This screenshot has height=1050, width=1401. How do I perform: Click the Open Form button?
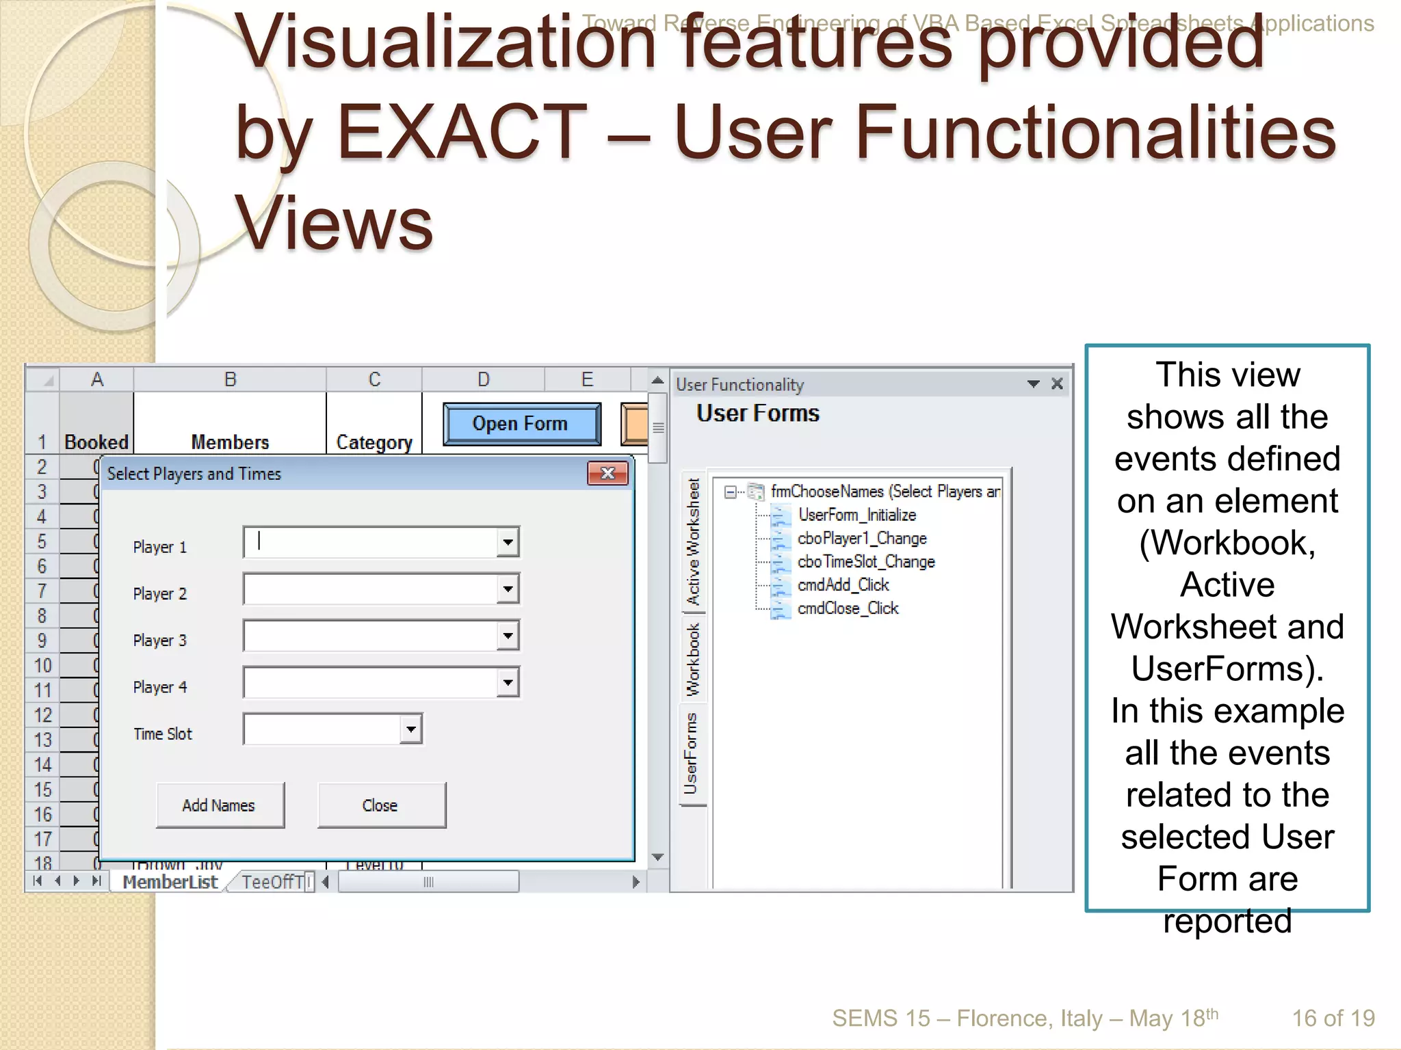[x=521, y=424]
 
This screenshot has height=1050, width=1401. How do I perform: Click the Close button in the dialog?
[x=381, y=805]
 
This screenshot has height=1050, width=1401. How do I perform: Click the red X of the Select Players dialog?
[x=607, y=473]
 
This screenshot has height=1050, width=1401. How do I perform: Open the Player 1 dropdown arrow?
[x=508, y=543]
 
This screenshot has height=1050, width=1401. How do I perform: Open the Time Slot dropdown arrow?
[x=410, y=729]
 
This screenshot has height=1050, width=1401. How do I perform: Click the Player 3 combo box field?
[x=370, y=636]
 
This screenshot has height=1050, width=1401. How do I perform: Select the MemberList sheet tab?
[x=170, y=882]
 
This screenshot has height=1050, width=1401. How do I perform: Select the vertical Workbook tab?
[x=693, y=659]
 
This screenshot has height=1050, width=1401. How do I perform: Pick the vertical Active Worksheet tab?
[x=693, y=542]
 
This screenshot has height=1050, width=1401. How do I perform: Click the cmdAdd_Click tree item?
[x=843, y=585]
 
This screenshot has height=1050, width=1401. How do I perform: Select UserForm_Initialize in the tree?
[x=856, y=515]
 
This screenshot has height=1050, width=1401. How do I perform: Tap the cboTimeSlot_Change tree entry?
[x=865, y=562]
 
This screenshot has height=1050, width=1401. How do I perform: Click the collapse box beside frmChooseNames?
[x=731, y=492]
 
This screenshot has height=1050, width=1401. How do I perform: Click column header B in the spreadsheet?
[x=230, y=379]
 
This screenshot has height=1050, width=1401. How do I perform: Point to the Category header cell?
[x=374, y=442]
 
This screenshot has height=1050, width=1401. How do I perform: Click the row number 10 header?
[x=42, y=665]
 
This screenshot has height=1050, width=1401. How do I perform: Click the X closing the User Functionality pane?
[x=1057, y=384]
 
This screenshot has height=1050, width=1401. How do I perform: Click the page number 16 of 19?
[x=1333, y=1019]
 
